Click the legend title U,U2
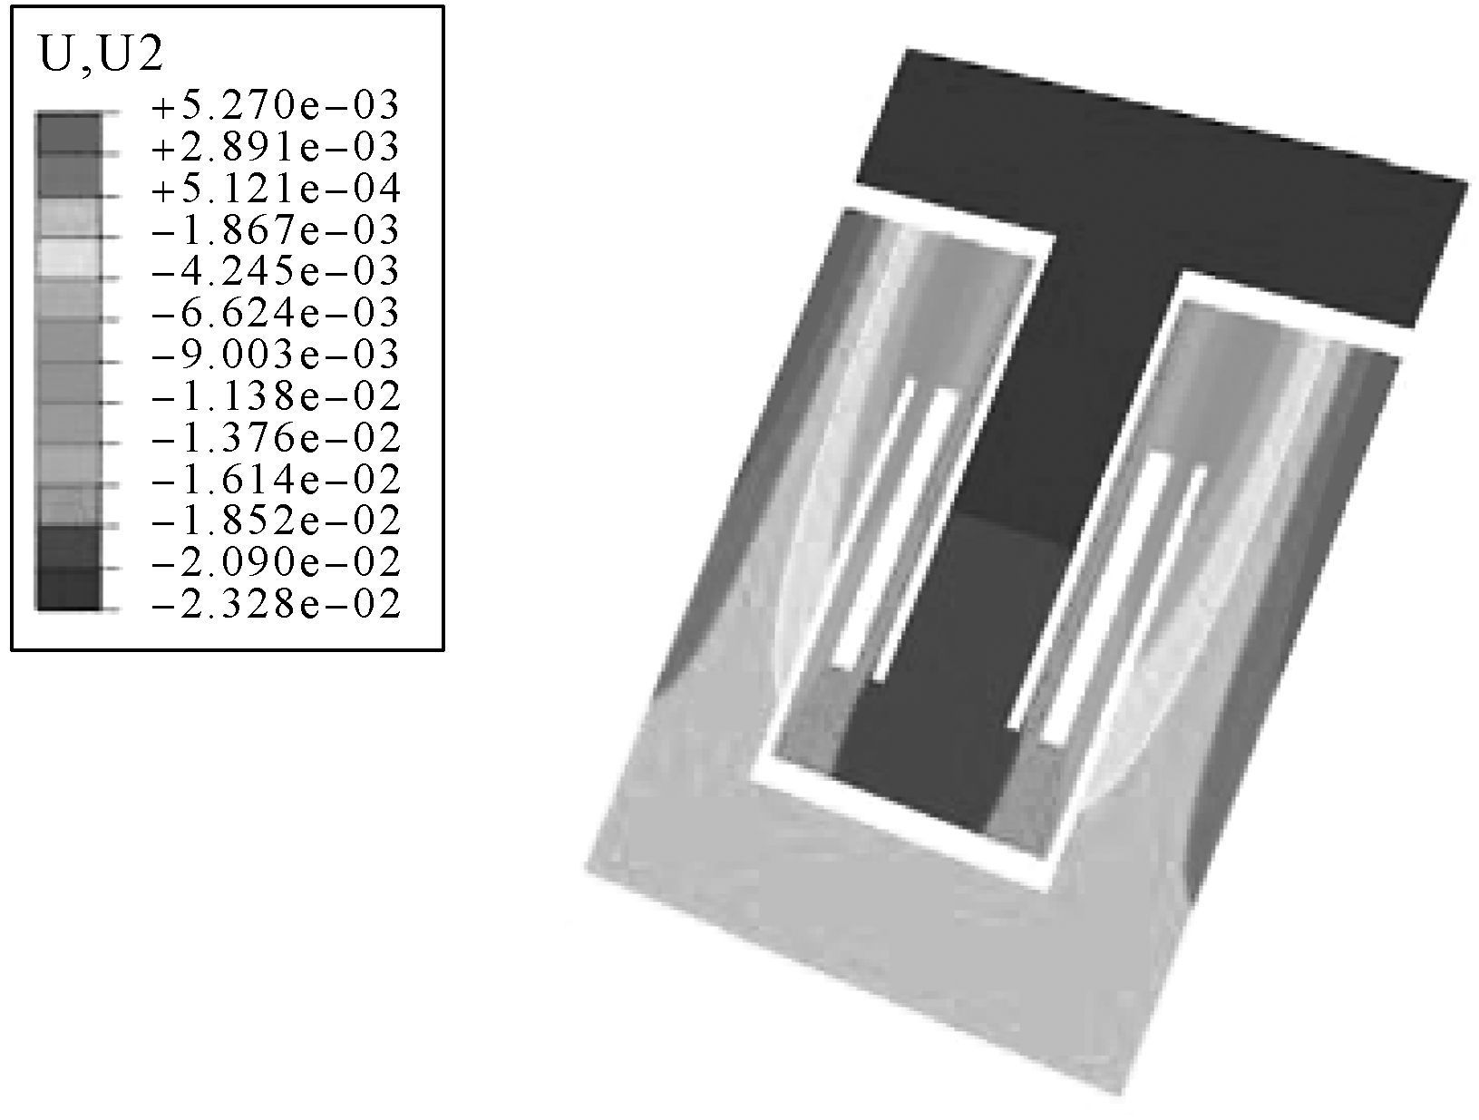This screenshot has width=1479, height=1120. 102,55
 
